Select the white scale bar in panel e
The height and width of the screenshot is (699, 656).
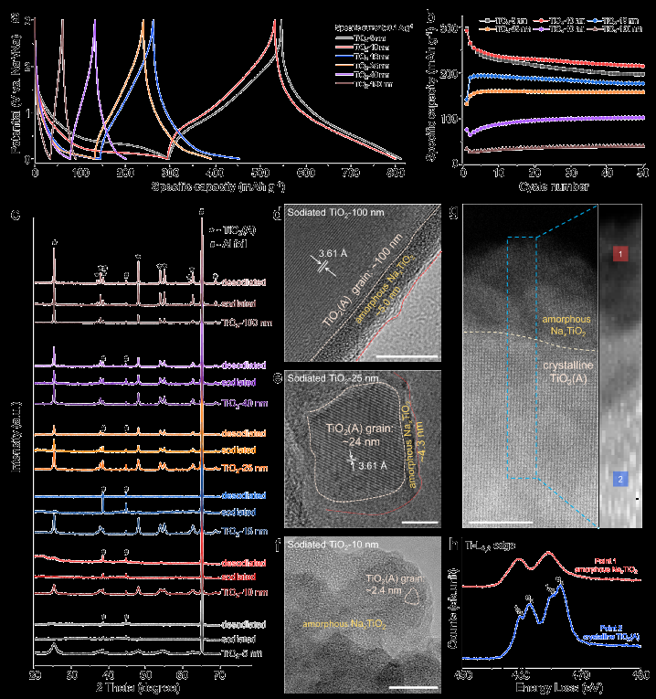tap(407, 522)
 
